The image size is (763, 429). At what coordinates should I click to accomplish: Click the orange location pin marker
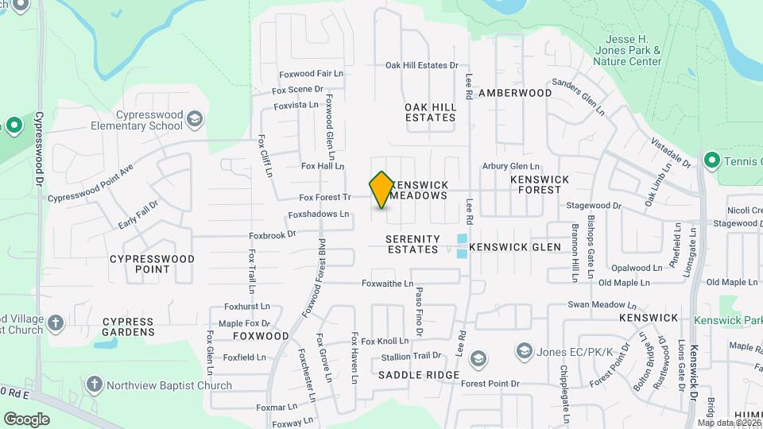tap(381, 190)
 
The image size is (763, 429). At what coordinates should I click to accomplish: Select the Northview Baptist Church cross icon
tap(95, 385)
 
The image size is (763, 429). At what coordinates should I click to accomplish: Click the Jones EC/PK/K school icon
tap(524, 350)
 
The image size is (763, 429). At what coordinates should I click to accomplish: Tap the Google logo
tap(26, 419)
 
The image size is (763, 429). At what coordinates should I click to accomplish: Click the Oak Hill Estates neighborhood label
tap(430, 112)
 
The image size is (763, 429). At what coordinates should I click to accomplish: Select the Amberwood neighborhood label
tap(515, 93)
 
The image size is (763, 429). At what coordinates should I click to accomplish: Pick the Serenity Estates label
tap(412, 244)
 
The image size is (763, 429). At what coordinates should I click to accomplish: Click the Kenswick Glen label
tap(516, 247)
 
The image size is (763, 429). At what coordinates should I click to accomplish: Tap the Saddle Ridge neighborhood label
tap(419, 375)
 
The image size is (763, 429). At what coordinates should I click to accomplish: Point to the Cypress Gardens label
tap(128, 327)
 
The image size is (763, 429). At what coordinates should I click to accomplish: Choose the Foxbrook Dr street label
tap(272, 234)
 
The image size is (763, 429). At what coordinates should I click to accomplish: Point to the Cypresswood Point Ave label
tap(90, 191)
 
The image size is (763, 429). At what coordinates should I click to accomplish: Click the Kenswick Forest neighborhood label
tap(540, 184)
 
